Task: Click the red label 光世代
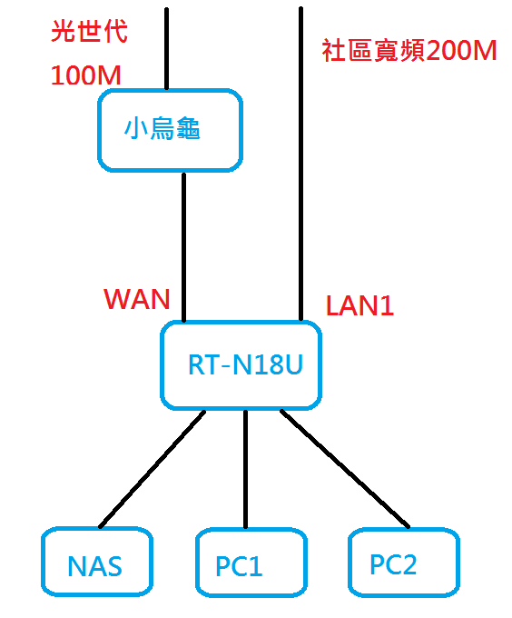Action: tap(89, 31)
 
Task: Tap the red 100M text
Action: tap(86, 75)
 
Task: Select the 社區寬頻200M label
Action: tap(409, 51)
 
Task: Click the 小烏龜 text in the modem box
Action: tap(162, 128)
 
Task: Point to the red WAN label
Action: tap(137, 299)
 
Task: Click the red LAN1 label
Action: tap(359, 306)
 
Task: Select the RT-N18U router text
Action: tap(246, 364)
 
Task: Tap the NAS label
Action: tap(94, 566)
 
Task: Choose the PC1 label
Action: tap(239, 566)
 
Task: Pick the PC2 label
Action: tap(393, 564)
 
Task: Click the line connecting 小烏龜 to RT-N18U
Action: tap(183, 247)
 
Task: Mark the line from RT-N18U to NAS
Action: tap(153, 469)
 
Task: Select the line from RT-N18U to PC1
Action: tap(246, 469)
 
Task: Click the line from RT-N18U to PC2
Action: tap(345, 469)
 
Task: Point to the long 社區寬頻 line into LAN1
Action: tap(301, 164)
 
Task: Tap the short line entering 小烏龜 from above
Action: tap(166, 48)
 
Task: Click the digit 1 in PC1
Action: tap(255, 566)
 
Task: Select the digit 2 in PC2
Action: tap(409, 564)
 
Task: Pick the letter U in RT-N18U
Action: tap(294, 364)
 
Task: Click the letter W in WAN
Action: tap(115, 299)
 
